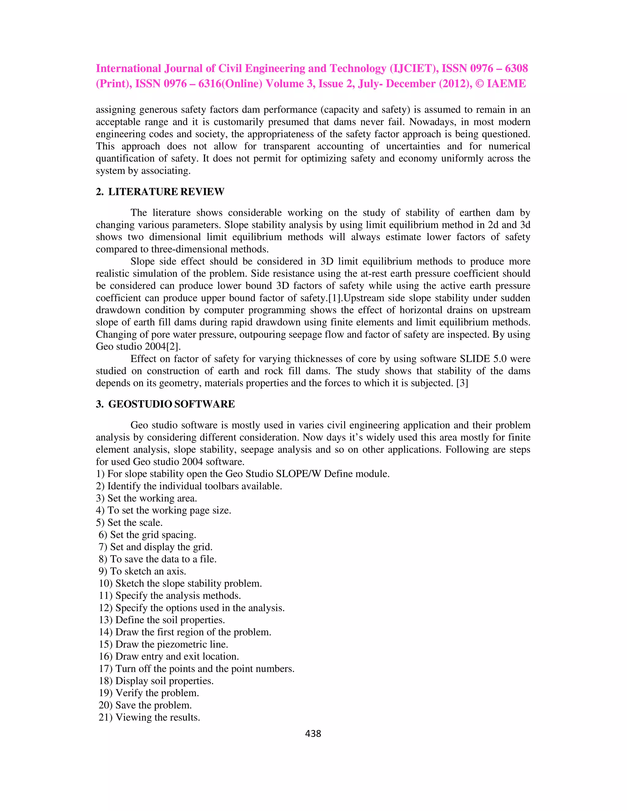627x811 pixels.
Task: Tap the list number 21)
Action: [106, 717]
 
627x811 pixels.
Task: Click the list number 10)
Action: [106, 583]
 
